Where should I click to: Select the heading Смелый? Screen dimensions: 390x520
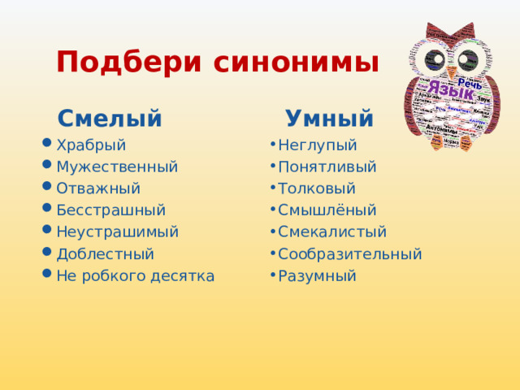tap(110, 119)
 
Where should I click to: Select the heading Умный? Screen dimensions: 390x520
tap(330, 119)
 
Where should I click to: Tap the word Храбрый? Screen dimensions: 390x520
tap(91, 145)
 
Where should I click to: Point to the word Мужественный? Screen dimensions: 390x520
tap(117, 167)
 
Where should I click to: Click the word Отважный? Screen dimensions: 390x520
tap(98, 188)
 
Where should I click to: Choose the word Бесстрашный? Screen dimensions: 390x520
tap(110, 210)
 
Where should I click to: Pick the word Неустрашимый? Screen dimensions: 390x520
tap(117, 232)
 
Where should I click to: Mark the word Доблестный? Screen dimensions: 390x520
tap(106, 254)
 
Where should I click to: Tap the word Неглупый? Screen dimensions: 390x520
tap(317, 145)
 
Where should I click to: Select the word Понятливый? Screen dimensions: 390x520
tap(327, 167)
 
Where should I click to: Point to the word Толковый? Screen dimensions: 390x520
tap(317, 188)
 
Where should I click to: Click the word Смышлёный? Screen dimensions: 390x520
tap(327, 210)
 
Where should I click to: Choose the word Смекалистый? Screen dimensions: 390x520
tap(331, 232)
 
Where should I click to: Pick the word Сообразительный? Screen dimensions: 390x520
tap(349, 254)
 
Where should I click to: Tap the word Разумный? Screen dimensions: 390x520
tap(317, 276)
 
